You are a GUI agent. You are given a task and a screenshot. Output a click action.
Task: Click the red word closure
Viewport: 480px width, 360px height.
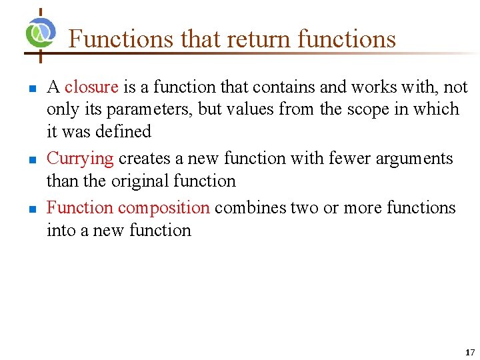tap(91, 87)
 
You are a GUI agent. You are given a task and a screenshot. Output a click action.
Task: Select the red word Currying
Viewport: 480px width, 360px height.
tap(80, 159)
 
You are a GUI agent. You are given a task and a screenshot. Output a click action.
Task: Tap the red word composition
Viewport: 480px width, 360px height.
tap(164, 208)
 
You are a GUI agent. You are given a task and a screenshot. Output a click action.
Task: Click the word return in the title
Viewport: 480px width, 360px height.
tap(256, 39)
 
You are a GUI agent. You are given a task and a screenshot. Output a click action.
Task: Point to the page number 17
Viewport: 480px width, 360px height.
tap(470, 352)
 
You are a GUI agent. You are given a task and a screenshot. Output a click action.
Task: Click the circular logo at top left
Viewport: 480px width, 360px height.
tap(41, 31)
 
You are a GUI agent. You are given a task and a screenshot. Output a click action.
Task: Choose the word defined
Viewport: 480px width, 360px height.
tap(123, 131)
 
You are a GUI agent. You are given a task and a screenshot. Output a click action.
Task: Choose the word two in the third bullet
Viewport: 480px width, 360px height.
tap(305, 208)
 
